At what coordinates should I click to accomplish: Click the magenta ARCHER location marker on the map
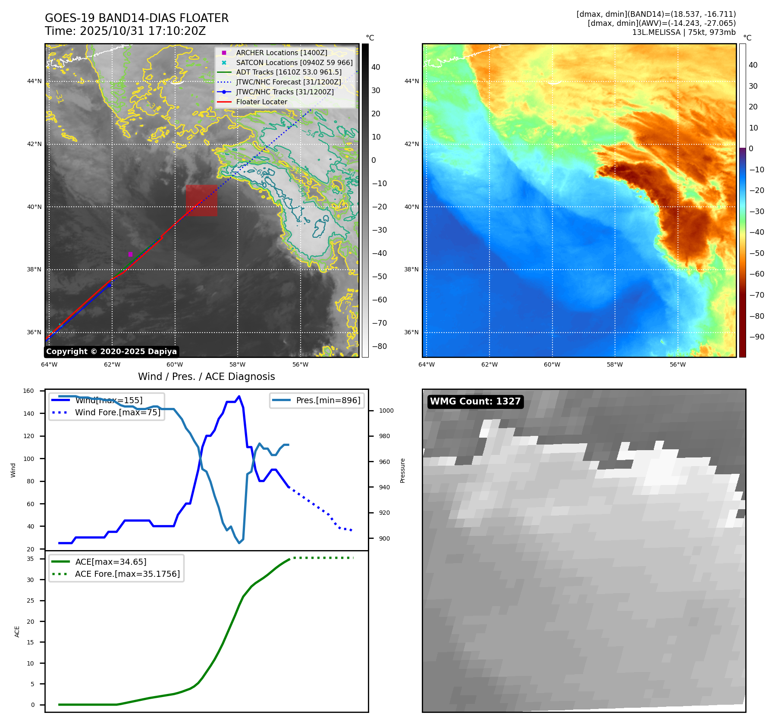tap(130, 254)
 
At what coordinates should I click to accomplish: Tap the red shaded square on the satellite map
tap(201, 200)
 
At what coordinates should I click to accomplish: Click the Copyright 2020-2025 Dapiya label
tap(111, 352)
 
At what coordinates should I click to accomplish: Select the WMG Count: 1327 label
tap(475, 401)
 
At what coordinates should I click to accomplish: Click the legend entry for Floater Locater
tap(261, 102)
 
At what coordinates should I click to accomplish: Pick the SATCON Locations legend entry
tap(294, 62)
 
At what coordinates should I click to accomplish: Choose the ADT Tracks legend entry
tap(289, 72)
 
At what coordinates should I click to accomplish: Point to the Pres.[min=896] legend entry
tap(328, 400)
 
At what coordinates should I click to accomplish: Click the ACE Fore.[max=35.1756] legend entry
tap(127, 574)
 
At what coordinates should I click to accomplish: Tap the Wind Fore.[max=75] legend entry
tap(117, 412)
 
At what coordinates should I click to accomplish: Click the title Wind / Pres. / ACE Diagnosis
tap(206, 376)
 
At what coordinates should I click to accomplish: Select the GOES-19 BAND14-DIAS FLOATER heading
tap(137, 18)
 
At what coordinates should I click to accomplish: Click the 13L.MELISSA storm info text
tap(684, 32)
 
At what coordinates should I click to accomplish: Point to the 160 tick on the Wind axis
tap(28, 391)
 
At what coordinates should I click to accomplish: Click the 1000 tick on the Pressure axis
tap(386, 411)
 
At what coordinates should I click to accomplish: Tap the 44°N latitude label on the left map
tap(35, 81)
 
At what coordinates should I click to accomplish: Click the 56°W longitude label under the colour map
tap(677, 364)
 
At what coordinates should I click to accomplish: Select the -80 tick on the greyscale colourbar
tap(379, 346)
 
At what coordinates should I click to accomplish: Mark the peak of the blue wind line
tap(239, 396)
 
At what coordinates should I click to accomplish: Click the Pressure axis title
tap(402, 470)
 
